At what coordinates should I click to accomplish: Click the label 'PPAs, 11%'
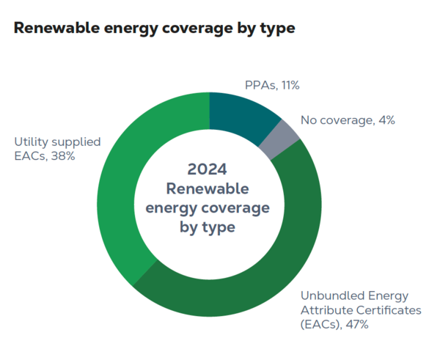point(271,86)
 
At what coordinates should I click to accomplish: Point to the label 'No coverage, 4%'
point(348,120)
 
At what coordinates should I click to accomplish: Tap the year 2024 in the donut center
point(208,169)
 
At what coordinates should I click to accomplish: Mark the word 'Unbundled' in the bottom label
point(329,295)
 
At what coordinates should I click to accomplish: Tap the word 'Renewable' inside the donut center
point(208,188)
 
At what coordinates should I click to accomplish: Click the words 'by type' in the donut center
point(208,227)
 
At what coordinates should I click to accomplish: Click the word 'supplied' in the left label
point(76,142)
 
